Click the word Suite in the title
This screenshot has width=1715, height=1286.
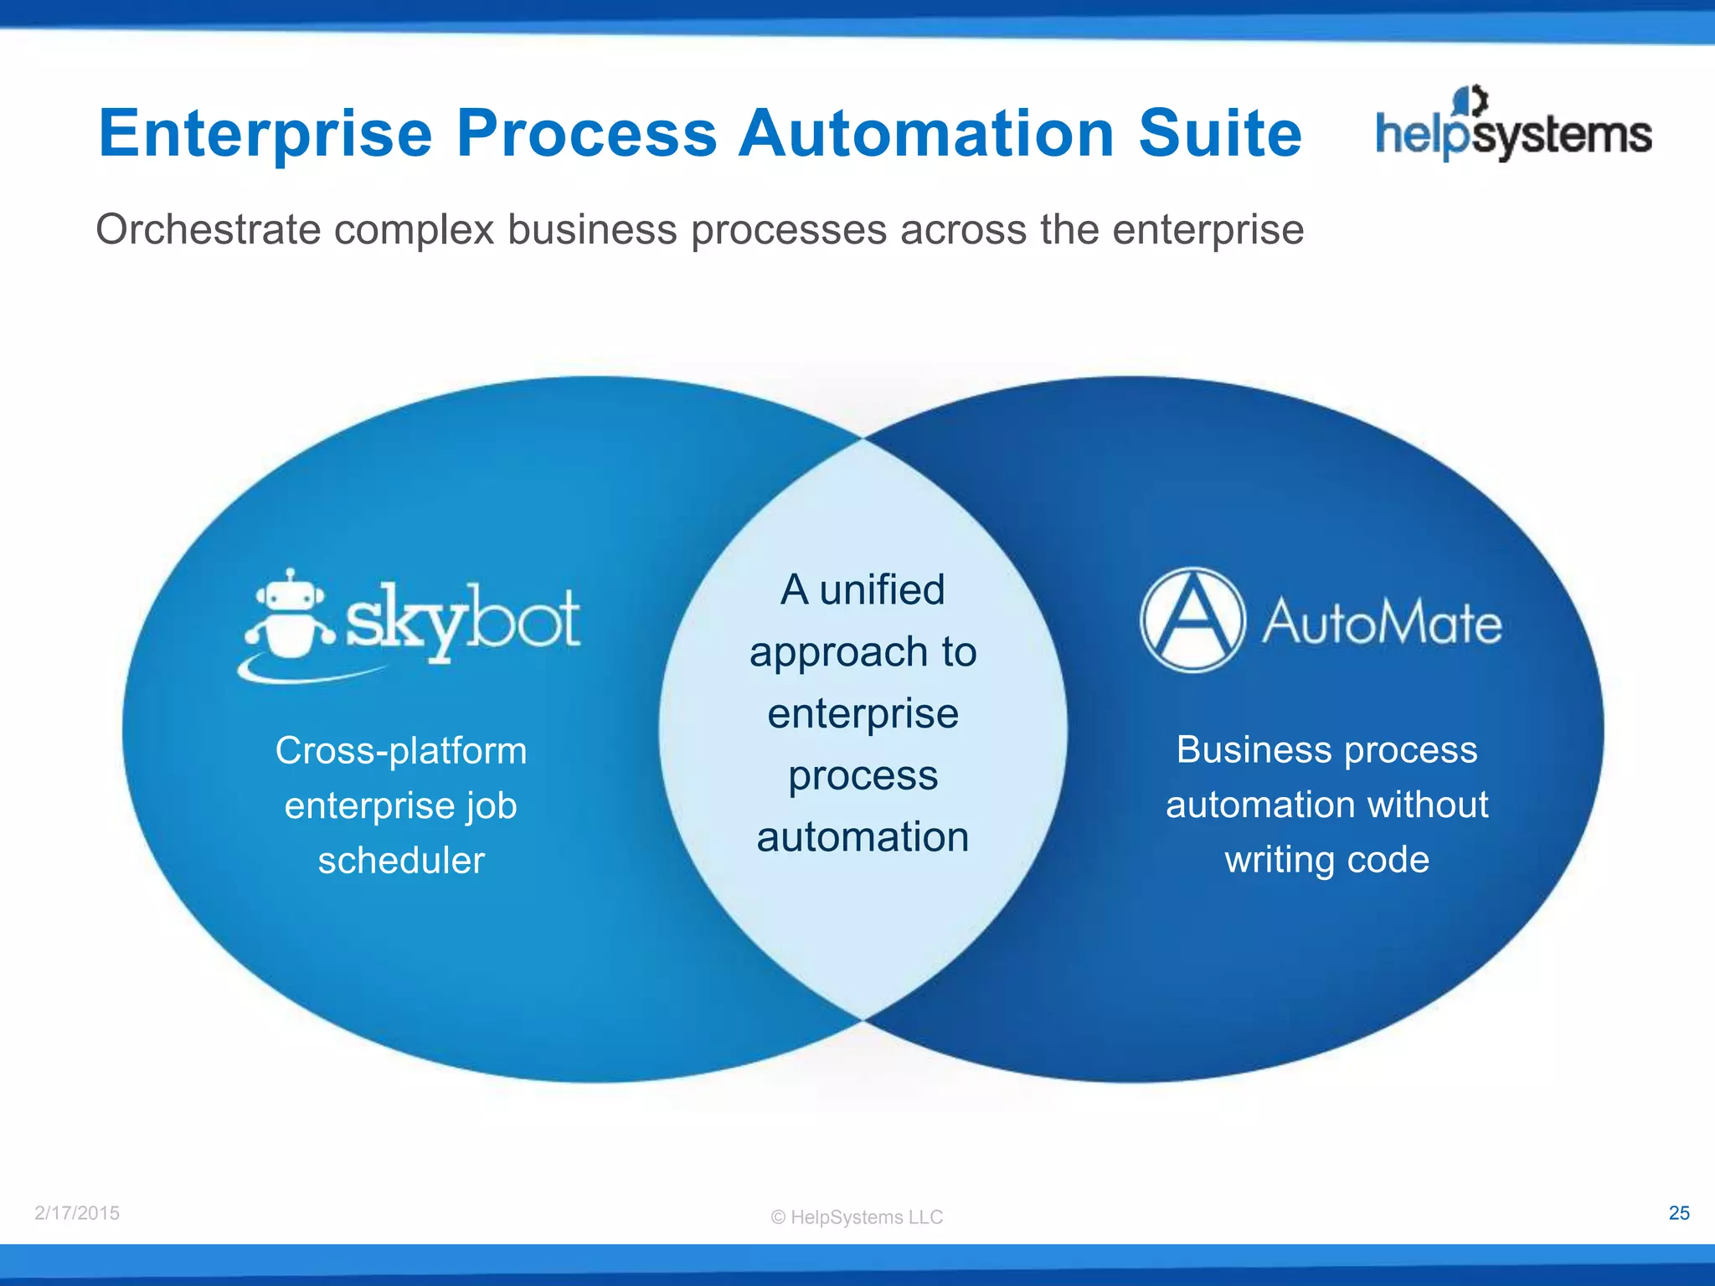pyautogui.click(x=1219, y=133)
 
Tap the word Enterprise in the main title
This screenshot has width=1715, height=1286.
pyautogui.click(x=265, y=133)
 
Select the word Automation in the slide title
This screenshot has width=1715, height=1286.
pyautogui.click(x=925, y=133)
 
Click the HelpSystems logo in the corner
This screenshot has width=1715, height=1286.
pyautogui.click(x=1513, y=126)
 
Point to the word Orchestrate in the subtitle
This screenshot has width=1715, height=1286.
pyautogui.click(x=208, y=229)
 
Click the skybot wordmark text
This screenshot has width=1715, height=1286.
pyautogui.click(x=462, y=621)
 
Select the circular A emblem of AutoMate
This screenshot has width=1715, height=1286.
pyautogui.click(x=1192, y=620)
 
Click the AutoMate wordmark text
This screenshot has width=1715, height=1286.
pyautogui.click(x=1382, y=623)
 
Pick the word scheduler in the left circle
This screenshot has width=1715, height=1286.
pyautogui.click(x=401, y=861)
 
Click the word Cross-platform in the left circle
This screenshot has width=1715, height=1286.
pyautogui.click(x=401, y=750)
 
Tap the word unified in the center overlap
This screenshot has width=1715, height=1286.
pyautogui.click(x=882, y=589)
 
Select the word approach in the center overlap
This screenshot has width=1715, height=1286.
pyautogui.click(x=827, y=653)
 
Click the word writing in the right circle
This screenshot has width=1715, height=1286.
pyautogui.click(x=1278, y=861)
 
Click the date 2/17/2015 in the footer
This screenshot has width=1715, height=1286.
pyautogui.click(x=77, y=1213)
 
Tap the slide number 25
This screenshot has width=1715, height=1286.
pyautogui.click(x=1679, y=1213)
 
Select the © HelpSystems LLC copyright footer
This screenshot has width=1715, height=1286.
pyautogui.click(x=857, y=1217)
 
